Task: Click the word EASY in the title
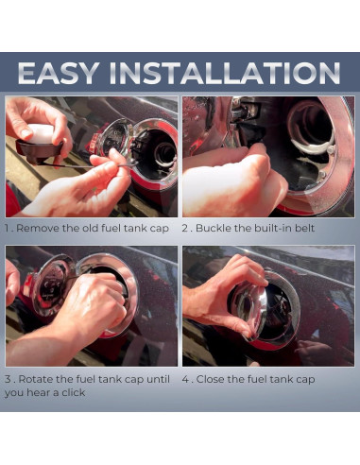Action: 59,73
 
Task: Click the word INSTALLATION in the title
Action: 224,73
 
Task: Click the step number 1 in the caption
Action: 7,228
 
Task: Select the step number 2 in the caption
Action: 185,228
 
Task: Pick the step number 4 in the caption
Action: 185,379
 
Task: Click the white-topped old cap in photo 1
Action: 40,142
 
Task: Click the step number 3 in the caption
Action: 9,379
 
